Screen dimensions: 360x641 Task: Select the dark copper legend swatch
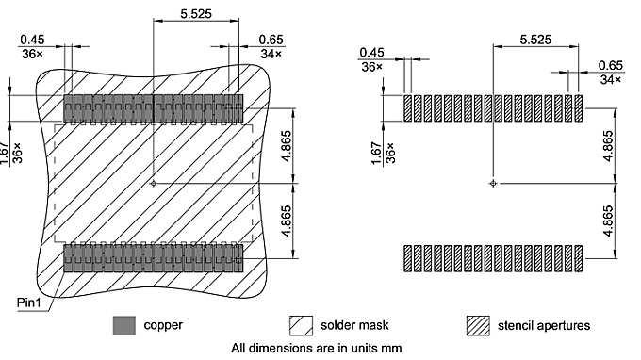click(x=124, y=325)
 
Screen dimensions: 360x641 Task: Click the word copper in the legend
click(x=163, y=326)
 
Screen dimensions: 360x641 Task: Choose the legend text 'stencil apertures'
click(x=546, y=326)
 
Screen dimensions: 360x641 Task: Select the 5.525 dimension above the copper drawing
click(x=176, y=16)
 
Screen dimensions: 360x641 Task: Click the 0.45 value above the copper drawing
click(x=32, y=39)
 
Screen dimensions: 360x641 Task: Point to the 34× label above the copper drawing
click(x=271, y=55)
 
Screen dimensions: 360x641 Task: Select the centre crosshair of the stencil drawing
click(x=493, y=183)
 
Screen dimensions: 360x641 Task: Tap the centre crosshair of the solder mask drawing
click(x=153, y=183)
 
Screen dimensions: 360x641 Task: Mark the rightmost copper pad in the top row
click(x=238, y=107)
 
